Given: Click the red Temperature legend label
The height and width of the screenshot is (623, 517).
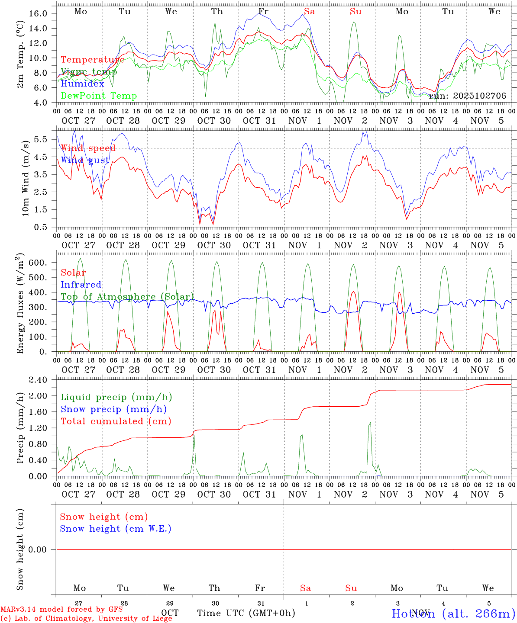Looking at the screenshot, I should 92,60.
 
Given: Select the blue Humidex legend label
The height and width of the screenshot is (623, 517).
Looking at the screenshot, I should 82,84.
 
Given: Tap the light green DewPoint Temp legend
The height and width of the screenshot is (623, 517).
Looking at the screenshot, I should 99,96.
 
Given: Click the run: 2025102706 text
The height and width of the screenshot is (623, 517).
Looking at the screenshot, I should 467,96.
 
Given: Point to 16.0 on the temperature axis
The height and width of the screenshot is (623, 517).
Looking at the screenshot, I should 38,13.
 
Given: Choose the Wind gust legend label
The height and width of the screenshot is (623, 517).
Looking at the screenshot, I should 85,160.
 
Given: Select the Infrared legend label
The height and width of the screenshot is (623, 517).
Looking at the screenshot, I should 81,285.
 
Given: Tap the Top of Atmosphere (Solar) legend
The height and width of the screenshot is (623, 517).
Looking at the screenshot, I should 127,297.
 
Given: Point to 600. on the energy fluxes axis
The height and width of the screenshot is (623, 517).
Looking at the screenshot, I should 38,263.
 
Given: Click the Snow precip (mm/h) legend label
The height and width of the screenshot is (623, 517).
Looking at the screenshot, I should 113,409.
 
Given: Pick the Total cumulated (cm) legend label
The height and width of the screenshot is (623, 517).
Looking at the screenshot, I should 116,421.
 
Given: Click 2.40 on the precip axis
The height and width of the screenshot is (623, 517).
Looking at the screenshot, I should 38,380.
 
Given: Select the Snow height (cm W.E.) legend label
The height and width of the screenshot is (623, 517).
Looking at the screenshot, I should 116,529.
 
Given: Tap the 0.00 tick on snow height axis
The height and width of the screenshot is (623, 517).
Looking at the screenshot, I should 37,549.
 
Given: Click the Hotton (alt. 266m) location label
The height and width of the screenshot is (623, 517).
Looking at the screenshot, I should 453,613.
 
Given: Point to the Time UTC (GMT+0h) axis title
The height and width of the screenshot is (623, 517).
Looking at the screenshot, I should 246,613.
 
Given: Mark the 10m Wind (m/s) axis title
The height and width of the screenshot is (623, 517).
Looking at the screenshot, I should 26,177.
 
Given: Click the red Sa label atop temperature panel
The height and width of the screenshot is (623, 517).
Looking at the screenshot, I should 309,12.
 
